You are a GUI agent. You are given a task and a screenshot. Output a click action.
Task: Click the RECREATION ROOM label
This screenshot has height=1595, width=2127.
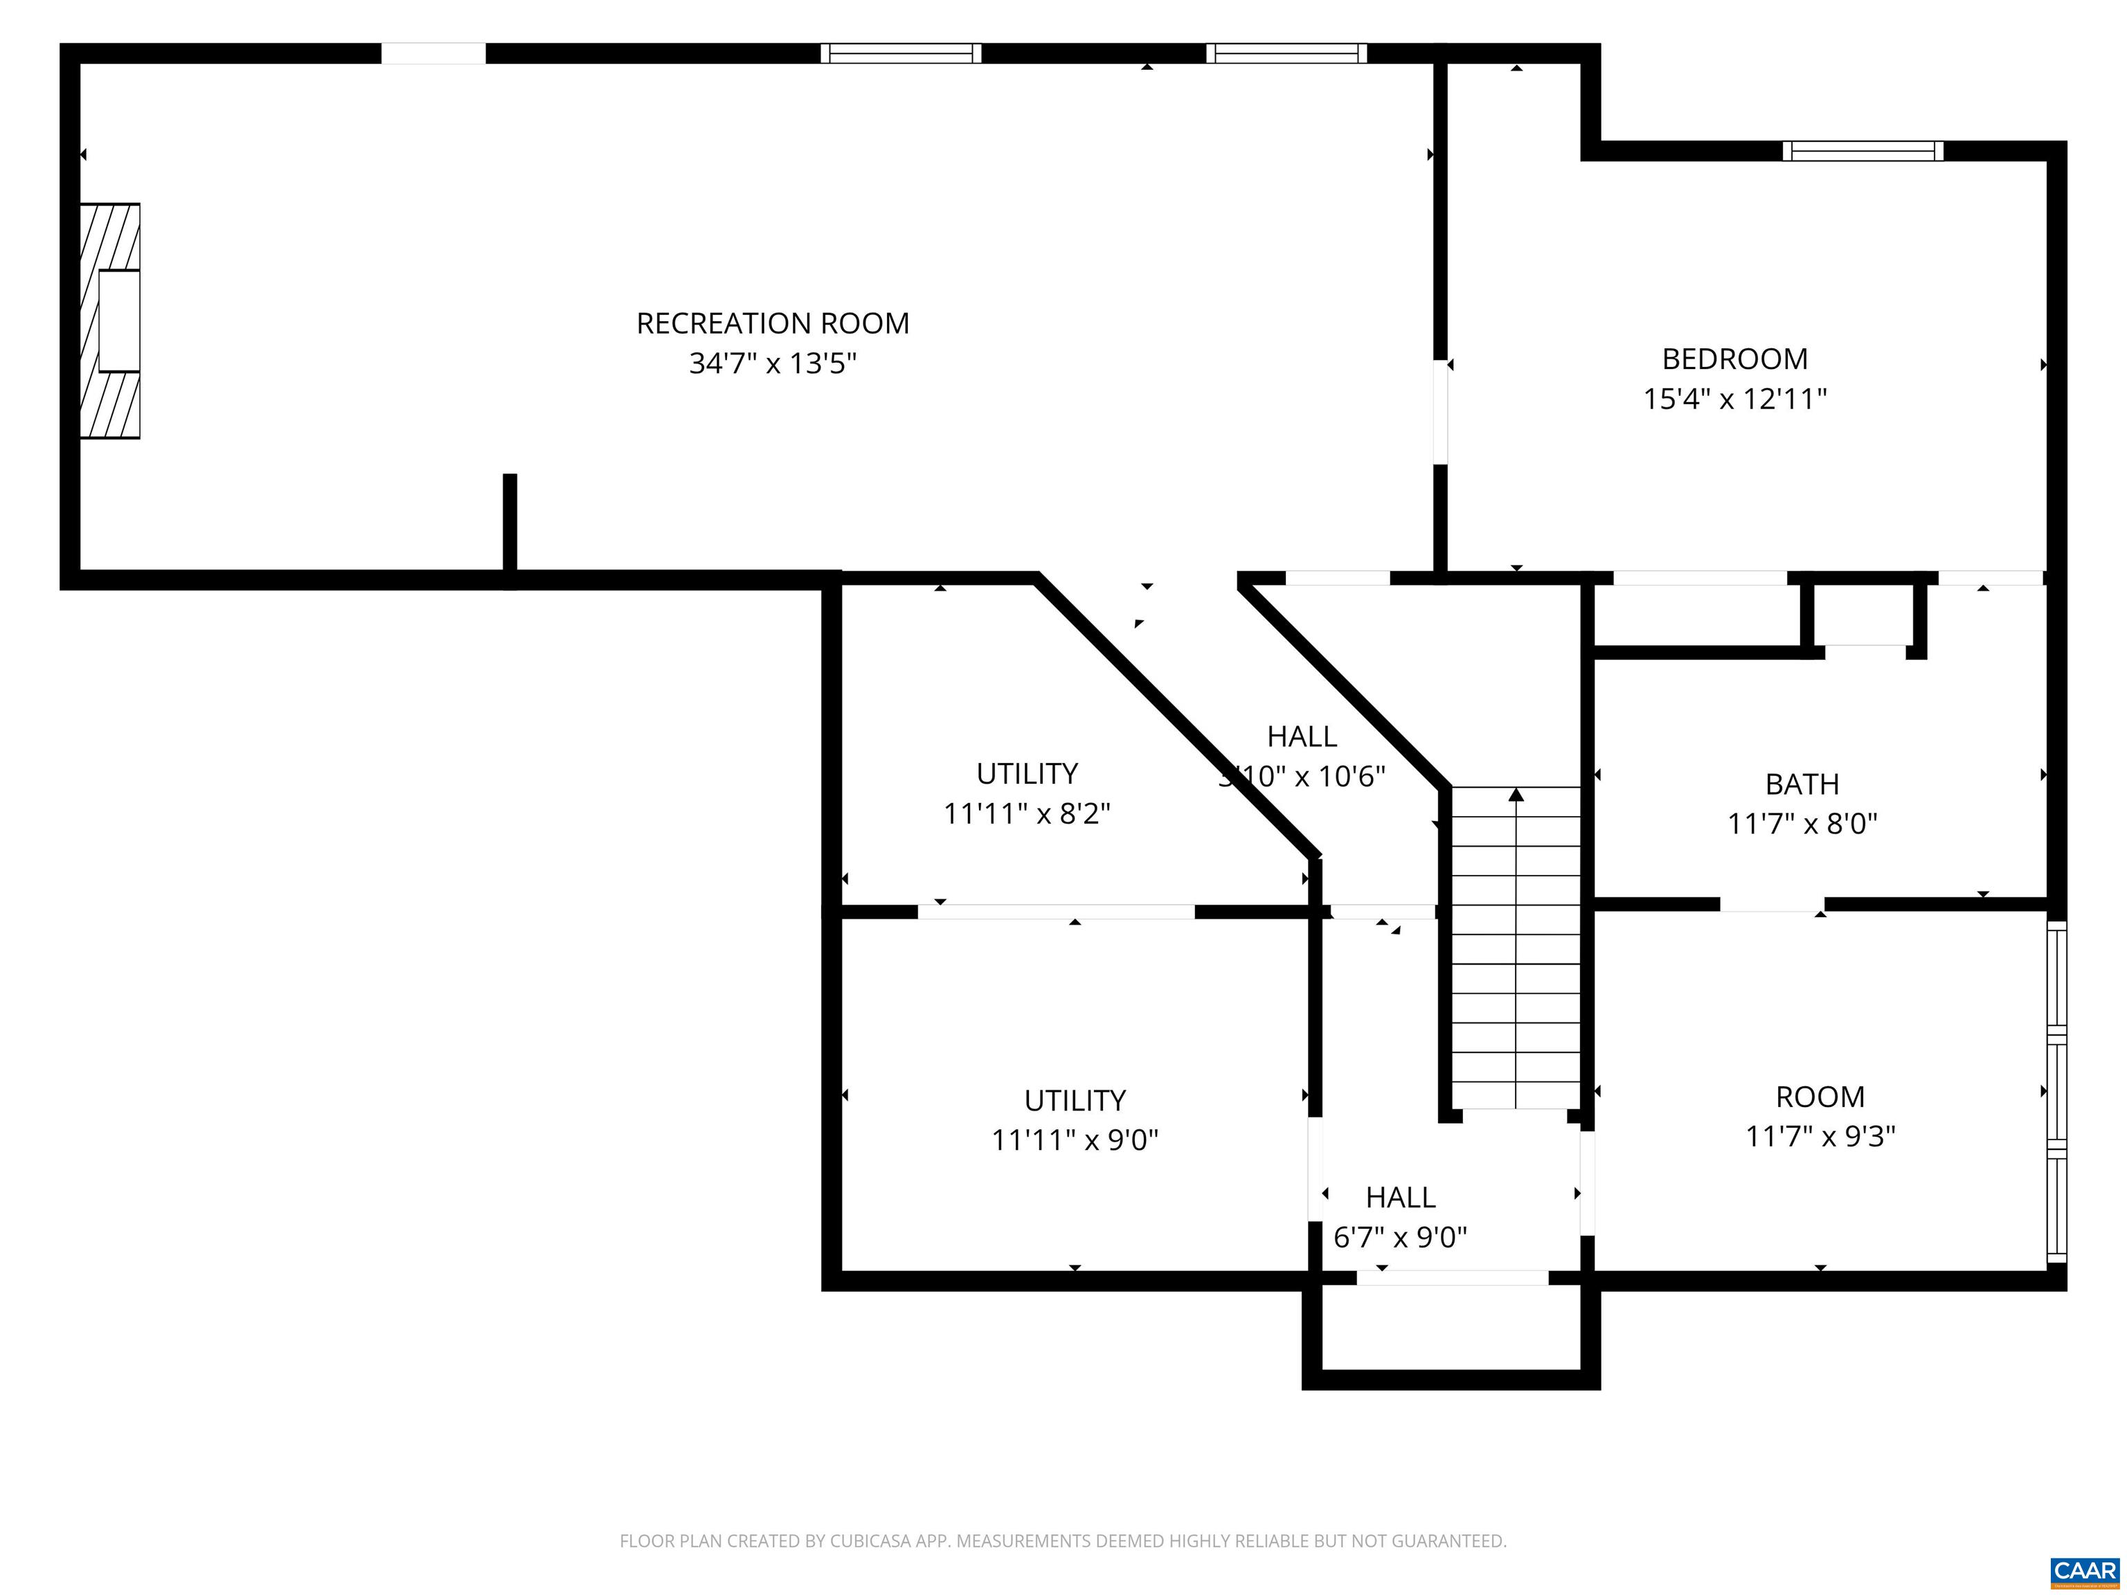[x=772, y=323]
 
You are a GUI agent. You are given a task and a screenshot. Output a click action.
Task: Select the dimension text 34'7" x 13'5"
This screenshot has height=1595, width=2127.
[x=772, y=363]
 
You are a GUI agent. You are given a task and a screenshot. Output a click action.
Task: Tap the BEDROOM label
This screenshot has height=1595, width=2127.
[x=1734, y=359]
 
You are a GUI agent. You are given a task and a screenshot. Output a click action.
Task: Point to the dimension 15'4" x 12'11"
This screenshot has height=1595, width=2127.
[x=1734, y=398]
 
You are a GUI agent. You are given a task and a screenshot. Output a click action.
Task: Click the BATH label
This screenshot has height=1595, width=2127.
[x=1802, y=784]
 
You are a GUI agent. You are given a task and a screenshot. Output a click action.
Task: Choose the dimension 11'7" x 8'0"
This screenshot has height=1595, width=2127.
[x=1802, y=824]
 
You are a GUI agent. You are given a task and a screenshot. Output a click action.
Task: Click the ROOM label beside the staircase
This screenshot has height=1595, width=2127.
[x=1820, y=1096]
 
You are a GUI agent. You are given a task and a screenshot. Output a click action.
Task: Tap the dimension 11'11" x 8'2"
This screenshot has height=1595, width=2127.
[x=1026, y=813]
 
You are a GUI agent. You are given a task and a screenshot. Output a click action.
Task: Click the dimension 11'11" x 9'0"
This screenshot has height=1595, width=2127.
[x=1074, y=1140]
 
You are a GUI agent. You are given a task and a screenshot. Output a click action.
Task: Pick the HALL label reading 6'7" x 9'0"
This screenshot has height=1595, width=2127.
[x=1400, y=1197]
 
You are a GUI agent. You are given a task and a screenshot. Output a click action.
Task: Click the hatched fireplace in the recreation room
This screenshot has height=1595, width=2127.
[x=109, y=321]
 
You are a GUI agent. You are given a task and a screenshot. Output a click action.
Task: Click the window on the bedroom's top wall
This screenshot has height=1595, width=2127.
[x=1862, y=151]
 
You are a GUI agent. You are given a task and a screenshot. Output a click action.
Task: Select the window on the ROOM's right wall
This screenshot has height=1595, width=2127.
[x=2056, y=1091]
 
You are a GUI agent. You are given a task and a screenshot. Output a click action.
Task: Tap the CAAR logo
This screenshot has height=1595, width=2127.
[x=2085, y=1571]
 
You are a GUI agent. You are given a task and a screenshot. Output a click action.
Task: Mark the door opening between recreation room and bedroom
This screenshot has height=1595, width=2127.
[x=1439, y=411]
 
